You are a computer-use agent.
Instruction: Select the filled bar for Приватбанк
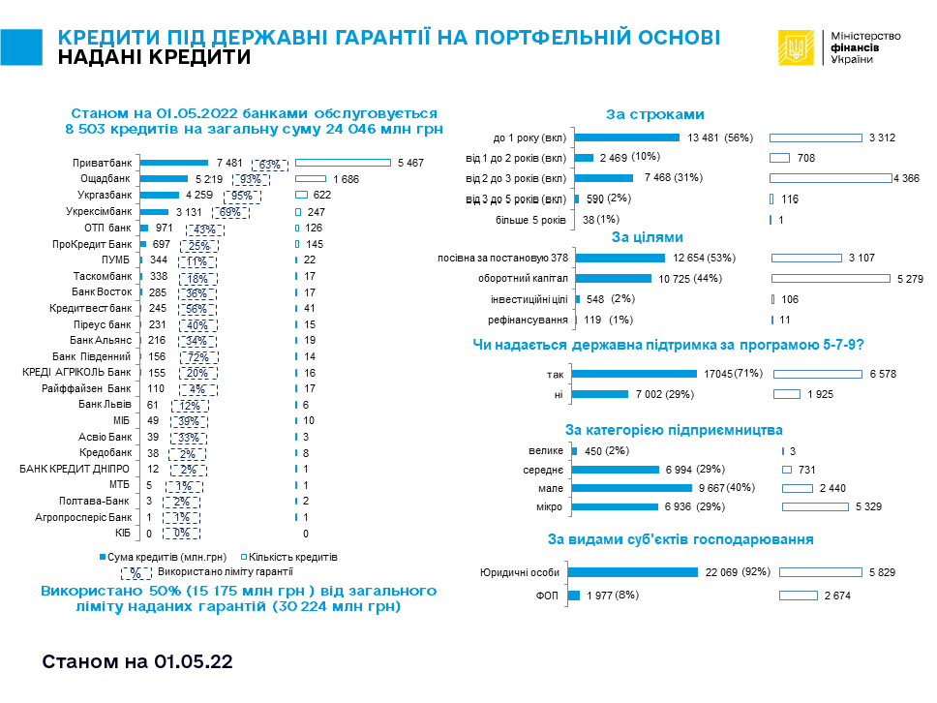point(174,163)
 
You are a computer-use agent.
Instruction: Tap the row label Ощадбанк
point(106,179)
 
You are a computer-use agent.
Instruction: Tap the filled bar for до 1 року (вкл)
point(626,138)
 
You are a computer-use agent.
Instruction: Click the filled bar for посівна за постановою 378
point(620,258)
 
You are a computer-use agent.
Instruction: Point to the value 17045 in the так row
point(715,374)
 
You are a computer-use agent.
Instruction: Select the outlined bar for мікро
point(828,507)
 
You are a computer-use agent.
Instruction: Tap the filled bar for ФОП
point(575,596)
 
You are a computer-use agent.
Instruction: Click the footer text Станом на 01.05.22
point(137,662)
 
